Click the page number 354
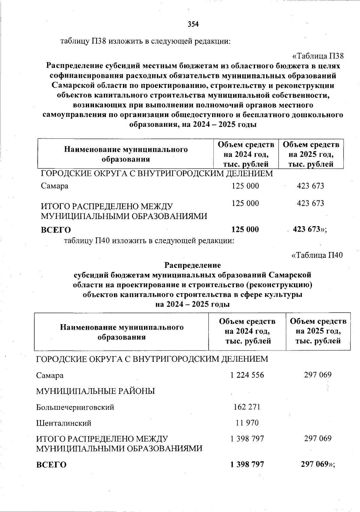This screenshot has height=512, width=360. (x=193, y=24)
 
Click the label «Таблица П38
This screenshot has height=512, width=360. (x=318, y=56)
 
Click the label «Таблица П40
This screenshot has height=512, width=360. (x=317, y=255)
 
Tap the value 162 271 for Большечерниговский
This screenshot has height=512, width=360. (x=247, y=407)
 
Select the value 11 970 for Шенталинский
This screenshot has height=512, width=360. (x=247, y=423)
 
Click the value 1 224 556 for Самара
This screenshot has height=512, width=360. (x=247, y=375)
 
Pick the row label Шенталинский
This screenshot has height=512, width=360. (x=64, y=423)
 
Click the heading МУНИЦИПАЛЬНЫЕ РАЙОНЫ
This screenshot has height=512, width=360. (x=95, y=391)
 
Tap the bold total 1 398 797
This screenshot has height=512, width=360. (x=247, y=464)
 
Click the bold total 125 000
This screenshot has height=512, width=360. (x=245, y=229)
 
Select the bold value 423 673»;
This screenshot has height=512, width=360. (x=310, y=229)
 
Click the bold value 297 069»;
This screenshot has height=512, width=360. (x=318, y=464)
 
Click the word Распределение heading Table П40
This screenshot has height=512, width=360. (x=193, y=265)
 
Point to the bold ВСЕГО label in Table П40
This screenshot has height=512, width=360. (x=51, y=465)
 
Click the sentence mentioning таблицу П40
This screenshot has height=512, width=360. (x=149, y=240)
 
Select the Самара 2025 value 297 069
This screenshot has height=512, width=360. (x=318, y=375)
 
